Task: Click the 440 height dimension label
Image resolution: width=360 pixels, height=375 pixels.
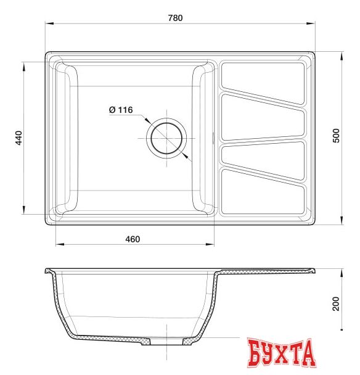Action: [x=18, y=138]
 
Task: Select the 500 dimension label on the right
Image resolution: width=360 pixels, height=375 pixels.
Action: [x=336, y=136]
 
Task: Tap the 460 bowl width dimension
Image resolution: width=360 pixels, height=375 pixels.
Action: [x=133, y=239]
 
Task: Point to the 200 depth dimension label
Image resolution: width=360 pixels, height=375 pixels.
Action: [x=336, y=304]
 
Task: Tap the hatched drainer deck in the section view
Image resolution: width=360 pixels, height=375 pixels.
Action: [x=265, y=271]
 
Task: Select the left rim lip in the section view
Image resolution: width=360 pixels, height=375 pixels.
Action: [x=49, y=271]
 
